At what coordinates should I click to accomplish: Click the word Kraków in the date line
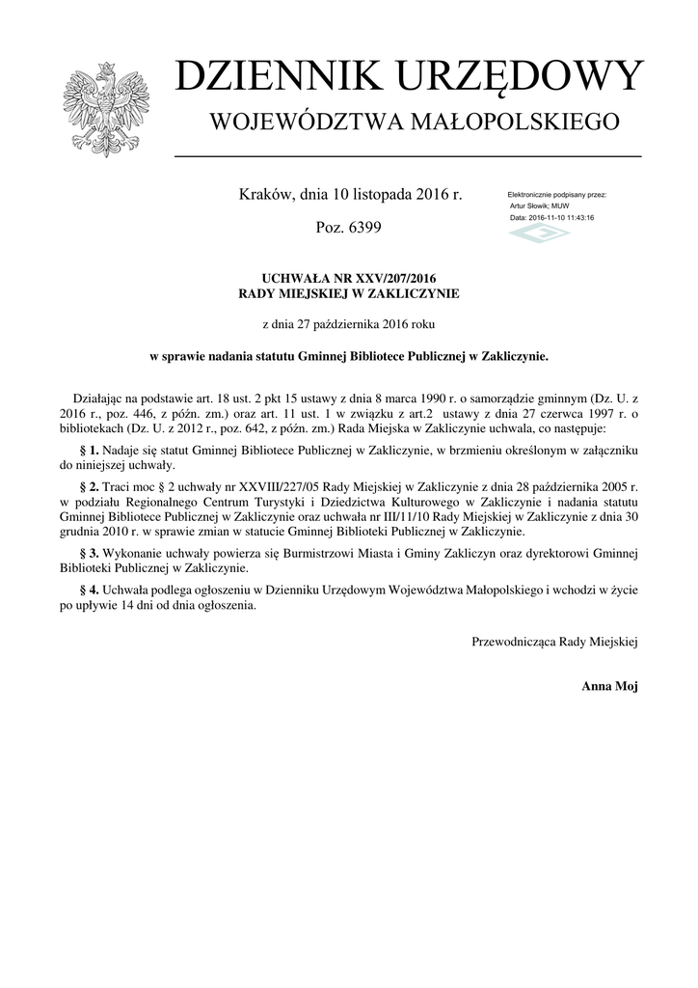tap(263, 195)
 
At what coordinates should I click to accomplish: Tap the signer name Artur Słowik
tap(529, 206)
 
